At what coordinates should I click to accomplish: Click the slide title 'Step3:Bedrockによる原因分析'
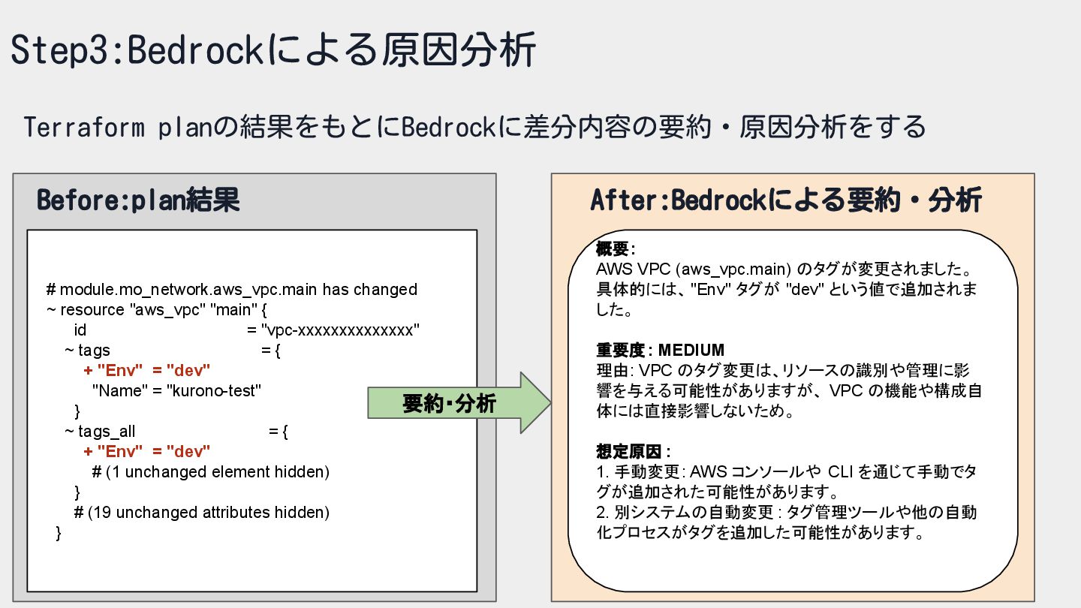point(273,50)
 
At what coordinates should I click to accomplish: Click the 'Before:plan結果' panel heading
point(138,200)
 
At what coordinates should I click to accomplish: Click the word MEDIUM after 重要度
point(691,350)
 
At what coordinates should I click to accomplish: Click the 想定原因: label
point(633,452)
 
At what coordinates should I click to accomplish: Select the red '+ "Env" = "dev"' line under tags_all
point(147,451)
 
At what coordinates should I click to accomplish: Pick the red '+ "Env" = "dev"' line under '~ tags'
point(147,370)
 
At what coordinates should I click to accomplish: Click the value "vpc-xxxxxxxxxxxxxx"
point(339,330)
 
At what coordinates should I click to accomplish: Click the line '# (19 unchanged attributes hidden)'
point(202,513)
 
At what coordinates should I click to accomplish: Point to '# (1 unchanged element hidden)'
point(211,472)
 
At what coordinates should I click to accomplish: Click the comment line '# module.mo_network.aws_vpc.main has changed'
point(231,289)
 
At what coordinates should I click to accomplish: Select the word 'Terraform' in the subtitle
point(84,128)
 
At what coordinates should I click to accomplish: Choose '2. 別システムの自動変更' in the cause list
point(685,513)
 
